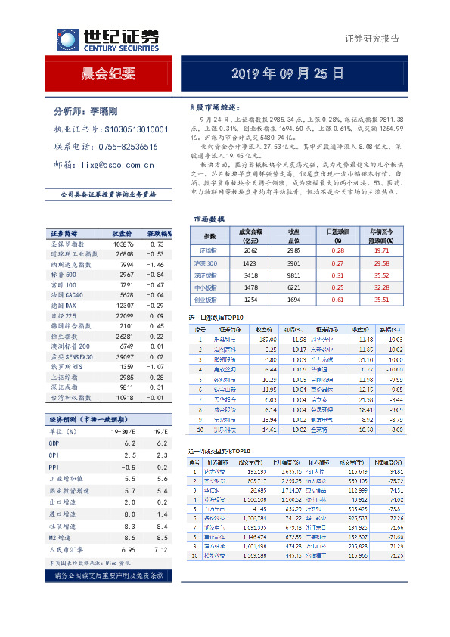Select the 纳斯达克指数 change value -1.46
pyautogui.click(x=155, y=264)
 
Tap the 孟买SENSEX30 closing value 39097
pyautogui.click(x=123, y=356)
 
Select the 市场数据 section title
pyautogui.click(x=209, y=219)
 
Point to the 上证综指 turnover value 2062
pyautogui.click(x=250, y=250)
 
